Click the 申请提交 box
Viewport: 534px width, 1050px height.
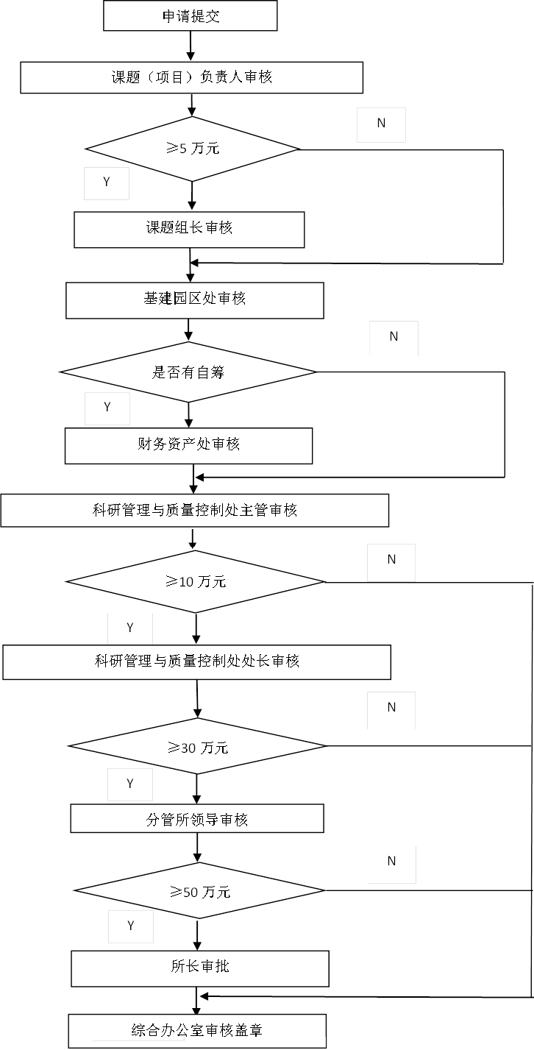pyautogui.click(x=190, y=16)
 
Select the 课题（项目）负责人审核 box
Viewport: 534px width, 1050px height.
pyautogui.click(x=191, y=77)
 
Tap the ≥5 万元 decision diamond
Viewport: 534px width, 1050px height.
pyautogui.click(x=193, y=149)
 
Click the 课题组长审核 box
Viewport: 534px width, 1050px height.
pyautogui.click(x=189, y=229)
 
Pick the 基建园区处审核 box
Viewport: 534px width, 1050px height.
pyautogui.click(x=194, y=299)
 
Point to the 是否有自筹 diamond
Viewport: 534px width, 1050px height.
pyautogui.click(x=188, y=372)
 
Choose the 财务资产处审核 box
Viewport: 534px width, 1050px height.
pyautogui.click(x=188, y=444)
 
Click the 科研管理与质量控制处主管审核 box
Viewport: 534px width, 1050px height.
pyautogui.click(x=194, y=510)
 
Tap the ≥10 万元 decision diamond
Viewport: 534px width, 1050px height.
pyautogui.click(x=196, y=582)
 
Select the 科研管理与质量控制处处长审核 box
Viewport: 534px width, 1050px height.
pyautogui.click(x=196, y=661)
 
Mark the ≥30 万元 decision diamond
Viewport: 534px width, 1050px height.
pyautogui.click(x=197, y=747)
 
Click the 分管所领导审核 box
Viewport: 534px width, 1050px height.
pyautogui.click(x=197, y=818)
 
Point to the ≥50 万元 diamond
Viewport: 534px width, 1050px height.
pyautogui.click(x=199, y=891)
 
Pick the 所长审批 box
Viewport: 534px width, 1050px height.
pyautogui.click(x=199, y=968)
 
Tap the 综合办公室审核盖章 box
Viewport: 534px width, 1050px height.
pyautogui.click(x=197, y=1030)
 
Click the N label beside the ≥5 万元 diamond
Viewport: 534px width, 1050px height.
pyautogui.click(x=381, y=124)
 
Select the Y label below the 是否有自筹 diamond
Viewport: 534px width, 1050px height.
pyautogui.click(x=107, y=408)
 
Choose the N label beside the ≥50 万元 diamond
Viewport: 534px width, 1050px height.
pyautogui.click(x=391, y=862)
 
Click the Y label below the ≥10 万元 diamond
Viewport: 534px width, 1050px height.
pyautogui.click(x=130, y=628)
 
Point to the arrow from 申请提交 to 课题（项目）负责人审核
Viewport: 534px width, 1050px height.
pyautogui.click(x=191, y=46)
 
